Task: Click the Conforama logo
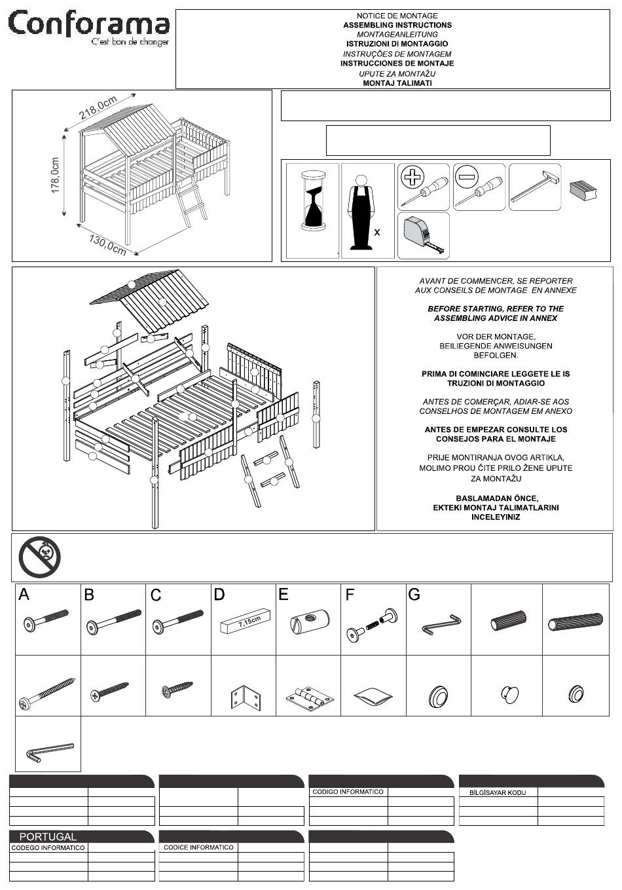[88, 28]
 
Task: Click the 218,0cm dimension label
[98, 107]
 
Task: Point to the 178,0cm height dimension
[55, 176]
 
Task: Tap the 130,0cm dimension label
[107, 245]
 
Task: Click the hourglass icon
[314, 200]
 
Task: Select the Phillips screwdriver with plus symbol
[424, 187]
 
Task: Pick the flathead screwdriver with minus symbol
[479, 187]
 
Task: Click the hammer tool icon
[535, 187]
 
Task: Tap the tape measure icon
[424, 235]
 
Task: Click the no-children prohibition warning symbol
[40, 557]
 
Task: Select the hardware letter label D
[219, 595]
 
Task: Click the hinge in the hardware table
[310, 695]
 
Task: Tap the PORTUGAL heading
[48, 836]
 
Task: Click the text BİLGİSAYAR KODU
[498, 792]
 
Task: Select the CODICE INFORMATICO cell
[198, 847]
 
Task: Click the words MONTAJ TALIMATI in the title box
[397, 83]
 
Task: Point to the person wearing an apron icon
[361, 212]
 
